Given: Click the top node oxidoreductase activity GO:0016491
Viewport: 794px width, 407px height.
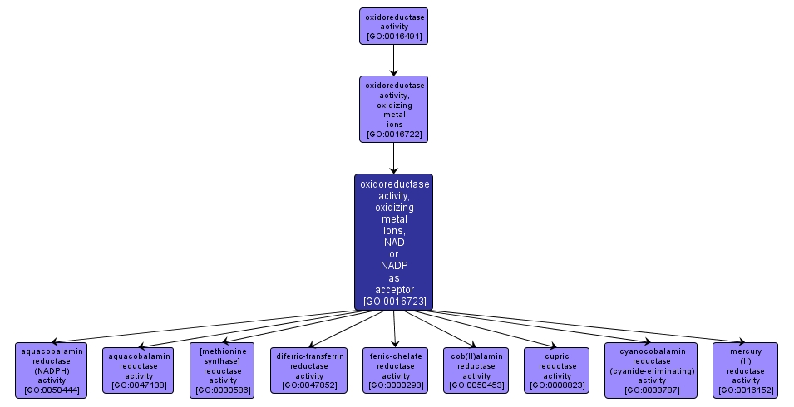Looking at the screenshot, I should [393, 26].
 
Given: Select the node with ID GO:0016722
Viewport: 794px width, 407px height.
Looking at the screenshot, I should [393, 110].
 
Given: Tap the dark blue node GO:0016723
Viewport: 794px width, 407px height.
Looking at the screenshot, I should [393, 242].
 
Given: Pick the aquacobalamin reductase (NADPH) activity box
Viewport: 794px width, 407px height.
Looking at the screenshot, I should [52, 370].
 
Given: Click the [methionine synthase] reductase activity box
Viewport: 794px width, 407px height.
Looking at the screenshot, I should [222, 370].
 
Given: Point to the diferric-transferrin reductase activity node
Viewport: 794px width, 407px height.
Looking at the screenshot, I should [309, 370].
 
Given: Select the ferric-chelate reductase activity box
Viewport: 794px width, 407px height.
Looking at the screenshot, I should [396, 370].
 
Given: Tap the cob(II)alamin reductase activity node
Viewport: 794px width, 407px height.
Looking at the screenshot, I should [476, 370].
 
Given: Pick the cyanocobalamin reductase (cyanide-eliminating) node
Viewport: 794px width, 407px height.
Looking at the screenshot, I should [651, 370].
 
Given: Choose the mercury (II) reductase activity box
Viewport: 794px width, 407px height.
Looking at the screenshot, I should [746, 370].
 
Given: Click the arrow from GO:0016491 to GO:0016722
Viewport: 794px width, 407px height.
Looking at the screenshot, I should [393, 60].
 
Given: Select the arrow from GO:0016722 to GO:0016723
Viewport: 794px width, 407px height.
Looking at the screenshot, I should [393, 158].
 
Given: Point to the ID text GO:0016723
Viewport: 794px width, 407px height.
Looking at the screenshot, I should [394, 301].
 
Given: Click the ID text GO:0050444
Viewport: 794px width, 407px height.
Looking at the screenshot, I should [52, 390].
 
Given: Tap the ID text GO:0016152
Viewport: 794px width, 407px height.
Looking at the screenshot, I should [746, 390].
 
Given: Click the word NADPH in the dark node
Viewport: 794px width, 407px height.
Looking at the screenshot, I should [394, 266].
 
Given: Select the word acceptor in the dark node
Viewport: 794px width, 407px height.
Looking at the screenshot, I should [394, 289].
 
